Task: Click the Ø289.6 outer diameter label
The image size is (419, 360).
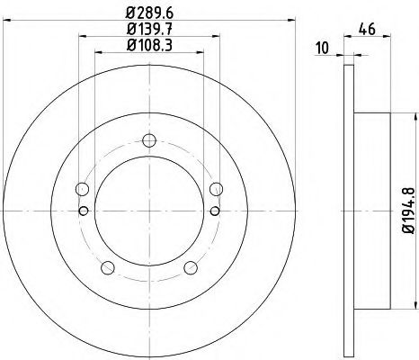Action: [149, 13]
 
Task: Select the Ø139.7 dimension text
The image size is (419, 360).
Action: [149, 30]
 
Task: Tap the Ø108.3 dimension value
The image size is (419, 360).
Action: [149, 46]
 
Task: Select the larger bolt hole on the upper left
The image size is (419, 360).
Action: [83, 189]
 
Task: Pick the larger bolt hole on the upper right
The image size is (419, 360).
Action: [216, 189]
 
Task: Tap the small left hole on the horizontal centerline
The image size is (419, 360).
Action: [84, 211]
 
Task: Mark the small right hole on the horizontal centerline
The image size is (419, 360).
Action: [215, 211]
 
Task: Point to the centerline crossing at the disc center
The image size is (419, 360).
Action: [149, 211]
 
